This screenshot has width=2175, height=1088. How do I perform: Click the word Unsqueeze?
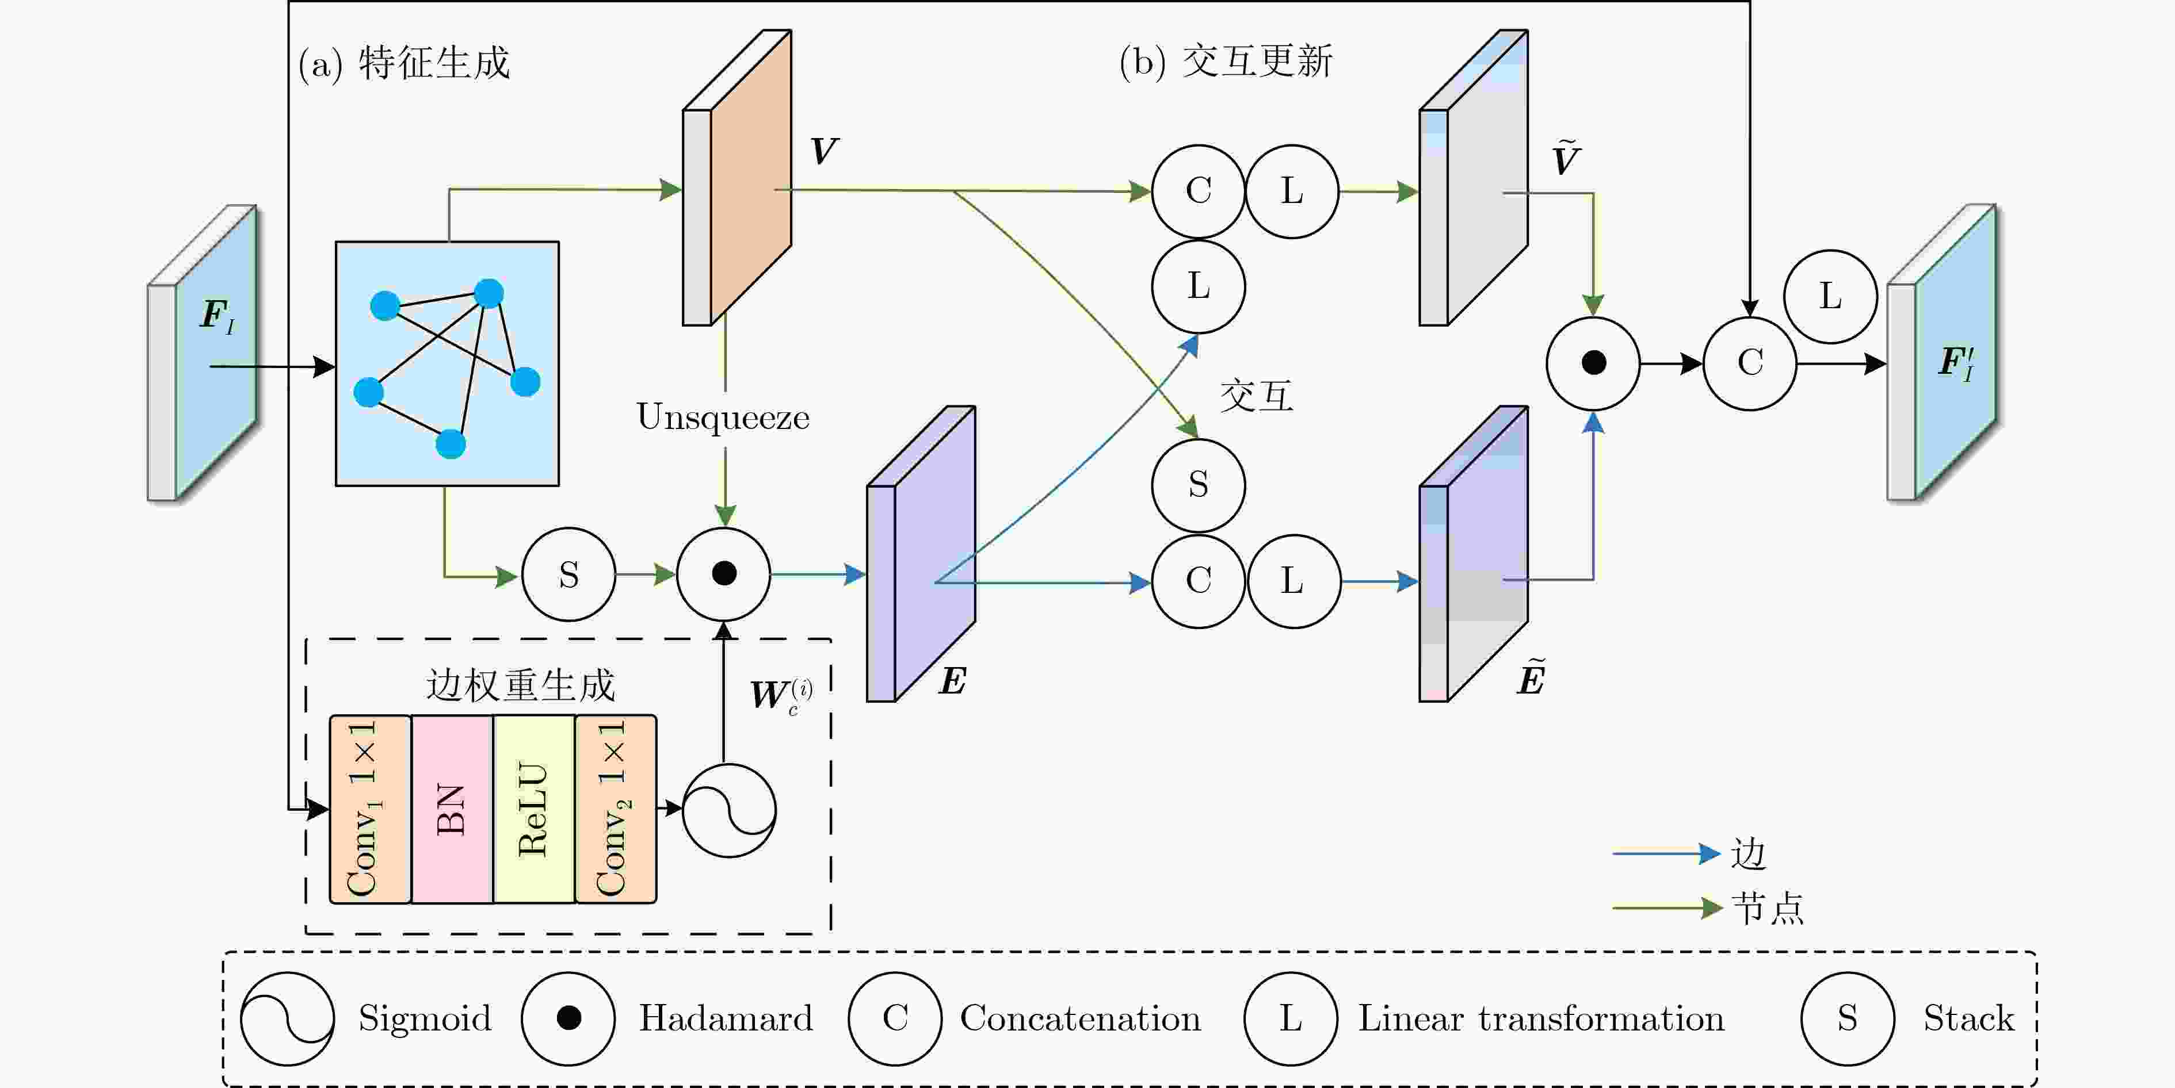[x=723, y=417]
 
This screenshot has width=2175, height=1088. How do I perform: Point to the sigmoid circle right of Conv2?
[x=728, y=810]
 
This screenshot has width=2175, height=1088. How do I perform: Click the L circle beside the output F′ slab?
[x=1830, y=296]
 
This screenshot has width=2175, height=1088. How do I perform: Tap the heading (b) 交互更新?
[x=1225, y=62]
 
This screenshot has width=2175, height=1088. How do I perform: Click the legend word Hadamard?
[x=725, y=1019]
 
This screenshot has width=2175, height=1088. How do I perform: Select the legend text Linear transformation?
[x=1540, y=1019]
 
